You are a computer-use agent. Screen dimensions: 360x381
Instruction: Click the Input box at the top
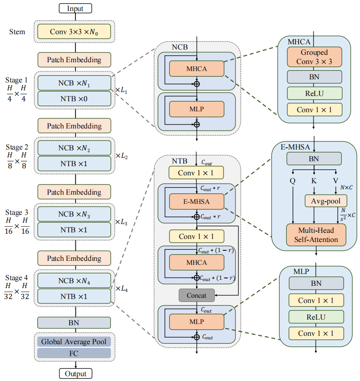point(75,8)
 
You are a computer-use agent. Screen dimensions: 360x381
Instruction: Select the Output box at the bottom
point(75,374)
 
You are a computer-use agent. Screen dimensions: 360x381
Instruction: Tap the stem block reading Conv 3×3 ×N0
point(74,32)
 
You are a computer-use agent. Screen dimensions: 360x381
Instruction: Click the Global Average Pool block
point(74,342)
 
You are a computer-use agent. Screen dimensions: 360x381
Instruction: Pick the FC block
point(74,353)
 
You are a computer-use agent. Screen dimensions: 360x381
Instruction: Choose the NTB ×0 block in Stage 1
point(74,99)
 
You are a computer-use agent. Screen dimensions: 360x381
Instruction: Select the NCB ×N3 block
point(74,214)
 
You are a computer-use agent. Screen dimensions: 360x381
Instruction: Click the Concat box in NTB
point(196,296)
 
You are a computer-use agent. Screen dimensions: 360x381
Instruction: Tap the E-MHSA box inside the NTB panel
point(196,201)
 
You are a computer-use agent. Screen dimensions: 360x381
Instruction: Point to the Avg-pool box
point(326,201)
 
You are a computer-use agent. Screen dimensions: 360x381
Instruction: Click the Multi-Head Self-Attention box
point(316,235)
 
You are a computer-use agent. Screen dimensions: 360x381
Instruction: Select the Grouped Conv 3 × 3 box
point(314,57)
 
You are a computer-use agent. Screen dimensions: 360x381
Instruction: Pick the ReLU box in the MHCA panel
point(314,93)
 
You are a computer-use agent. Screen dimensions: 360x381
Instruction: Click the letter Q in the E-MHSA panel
point(292,181)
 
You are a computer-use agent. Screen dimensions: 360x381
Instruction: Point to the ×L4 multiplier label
point(121,288)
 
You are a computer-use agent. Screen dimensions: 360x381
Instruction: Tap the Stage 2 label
point(17,147)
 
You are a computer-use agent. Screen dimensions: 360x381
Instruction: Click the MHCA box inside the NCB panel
point(196,69)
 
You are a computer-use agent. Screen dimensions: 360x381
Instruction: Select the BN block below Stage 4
point(74,323)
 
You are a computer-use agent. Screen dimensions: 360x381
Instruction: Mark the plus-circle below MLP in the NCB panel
point(196,125)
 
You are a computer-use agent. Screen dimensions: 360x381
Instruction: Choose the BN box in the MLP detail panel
point(316,283)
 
